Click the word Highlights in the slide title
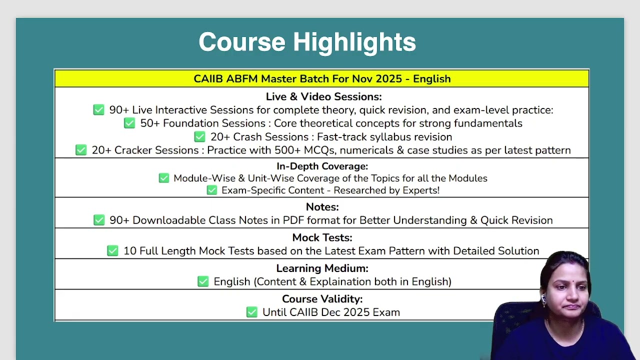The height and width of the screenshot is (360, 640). click(354, 42)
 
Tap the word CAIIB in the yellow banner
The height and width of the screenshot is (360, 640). click(208, 79)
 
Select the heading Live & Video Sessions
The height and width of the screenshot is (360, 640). click(323, 96)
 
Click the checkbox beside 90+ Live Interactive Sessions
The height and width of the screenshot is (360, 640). click(98, 109)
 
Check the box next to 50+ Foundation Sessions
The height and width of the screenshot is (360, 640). click(129, 123)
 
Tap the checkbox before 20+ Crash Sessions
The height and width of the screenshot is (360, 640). click(199, 136)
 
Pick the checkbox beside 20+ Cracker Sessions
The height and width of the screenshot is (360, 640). click(81, 150)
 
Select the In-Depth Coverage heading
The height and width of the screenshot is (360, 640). click(322, 166)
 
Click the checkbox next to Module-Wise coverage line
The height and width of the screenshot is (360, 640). click(164, 178)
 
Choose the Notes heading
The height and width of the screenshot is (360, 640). click(322, 207)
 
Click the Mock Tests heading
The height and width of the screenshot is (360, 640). click(322, 237)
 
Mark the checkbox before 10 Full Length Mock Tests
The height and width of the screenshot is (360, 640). click(112, 250)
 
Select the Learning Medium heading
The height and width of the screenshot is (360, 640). click(322, 268)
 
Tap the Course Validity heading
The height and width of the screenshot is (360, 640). click(322, 299)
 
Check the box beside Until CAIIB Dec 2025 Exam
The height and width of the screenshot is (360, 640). click(251, 312)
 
